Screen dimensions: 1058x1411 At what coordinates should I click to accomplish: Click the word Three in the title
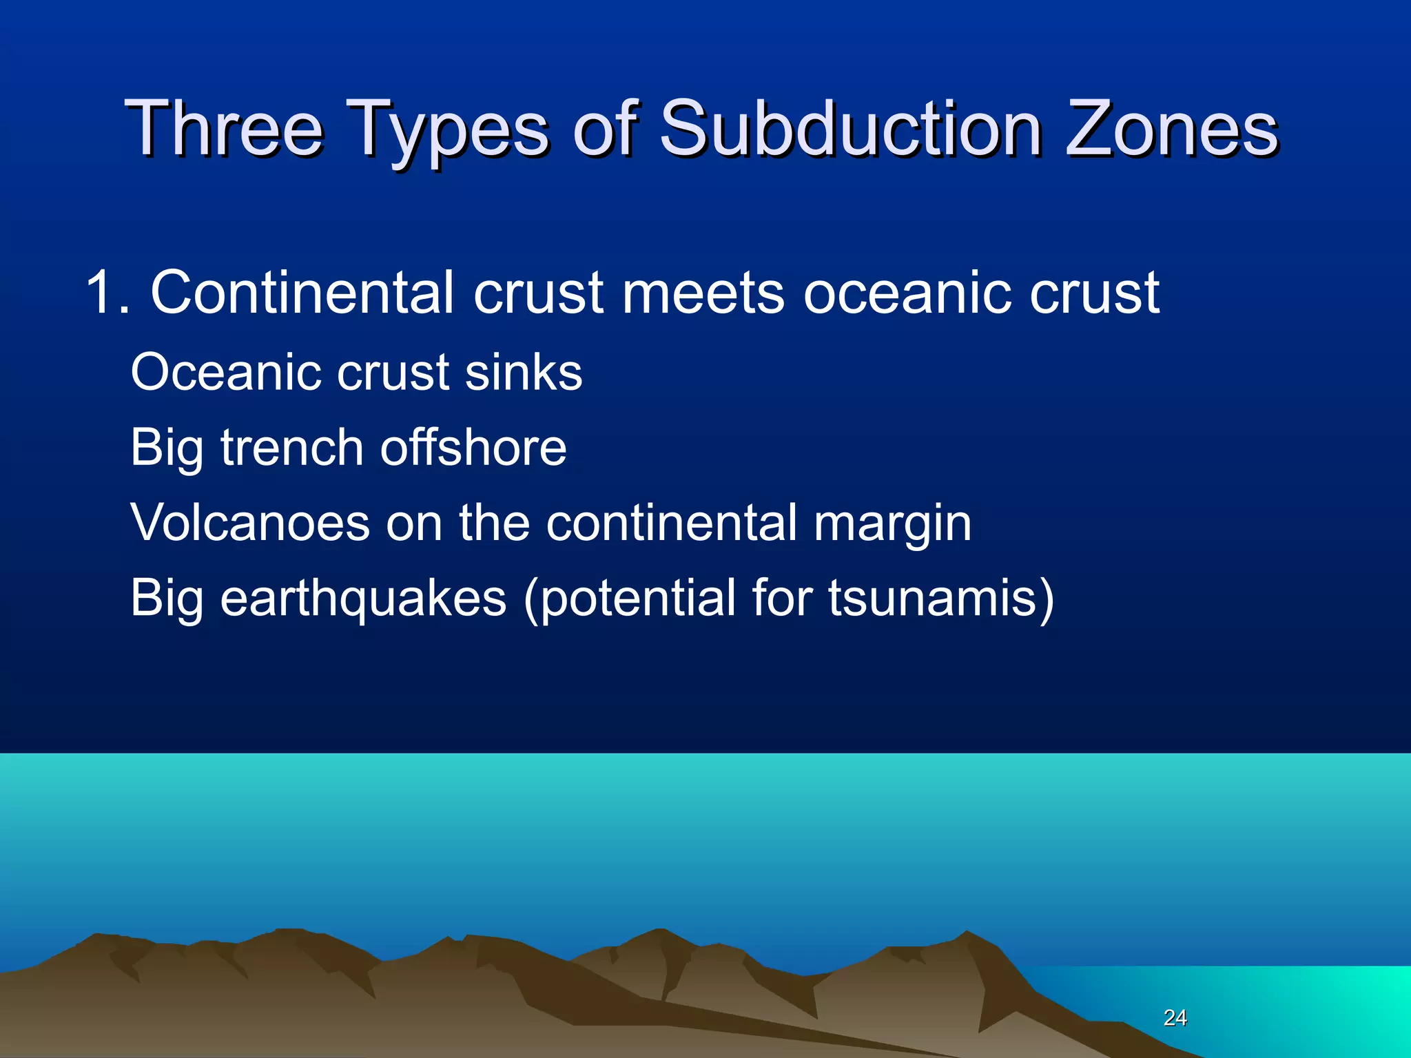click(x=224, y=129)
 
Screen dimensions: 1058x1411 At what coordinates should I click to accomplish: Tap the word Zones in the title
click(x=1171, y=129)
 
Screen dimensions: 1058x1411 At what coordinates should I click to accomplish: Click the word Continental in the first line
click(x=302, y=293)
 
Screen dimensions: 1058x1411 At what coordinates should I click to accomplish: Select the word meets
click(x=703, y=293)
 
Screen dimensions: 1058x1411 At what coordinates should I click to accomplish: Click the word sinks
click(x=523, y=373)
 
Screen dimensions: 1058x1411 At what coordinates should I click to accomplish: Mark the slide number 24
click(x=1175, y=1017)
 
